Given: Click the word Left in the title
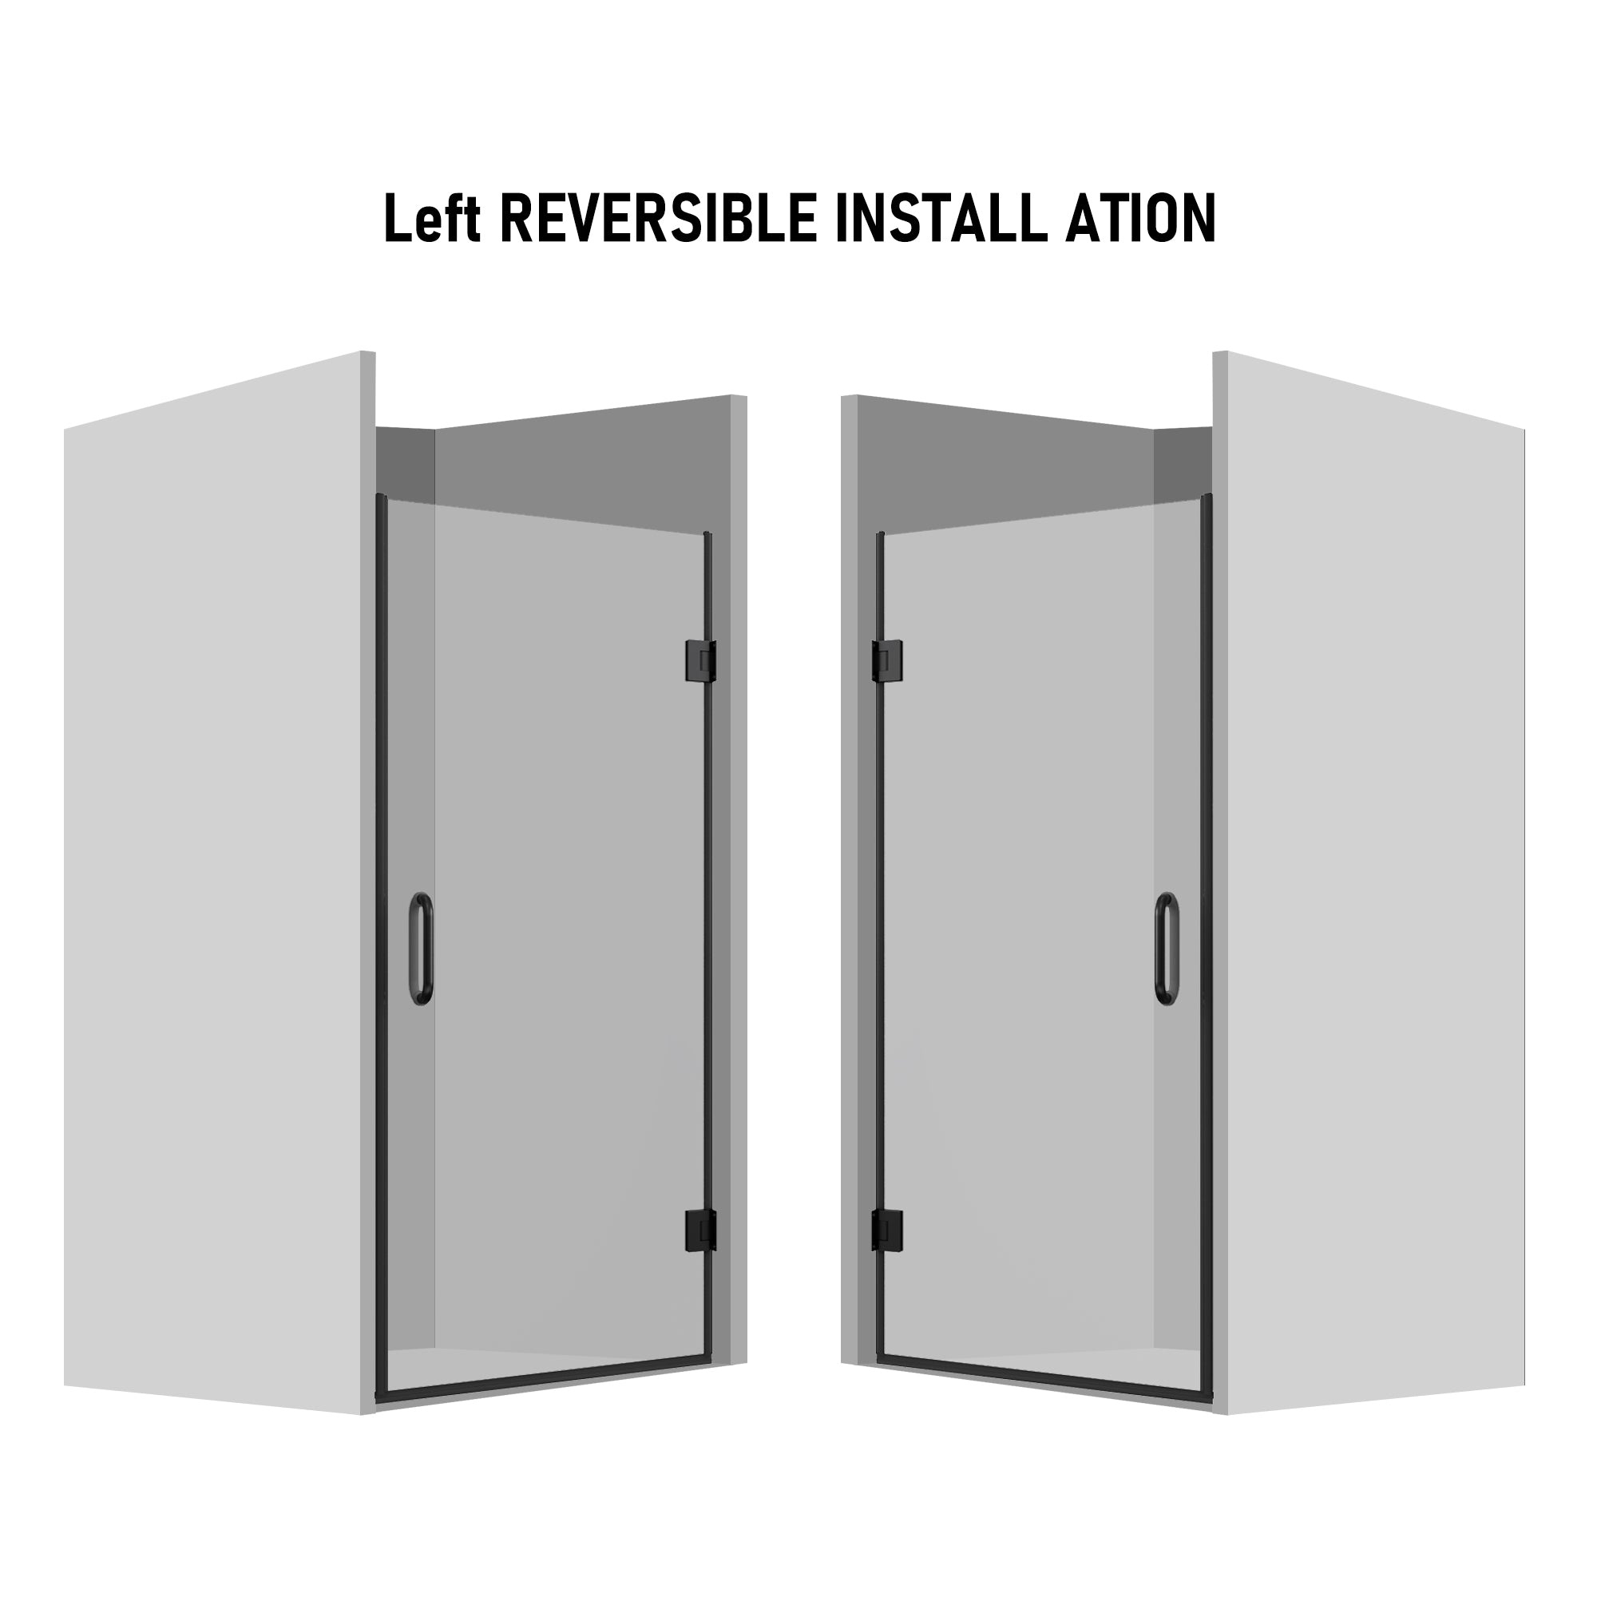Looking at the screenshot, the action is [432, 217].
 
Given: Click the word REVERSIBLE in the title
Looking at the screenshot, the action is [658, 217].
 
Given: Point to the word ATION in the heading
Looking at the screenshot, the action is [1141, 217].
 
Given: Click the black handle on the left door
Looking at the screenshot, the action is [422, 949].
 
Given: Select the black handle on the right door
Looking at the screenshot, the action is [1167, 949].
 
